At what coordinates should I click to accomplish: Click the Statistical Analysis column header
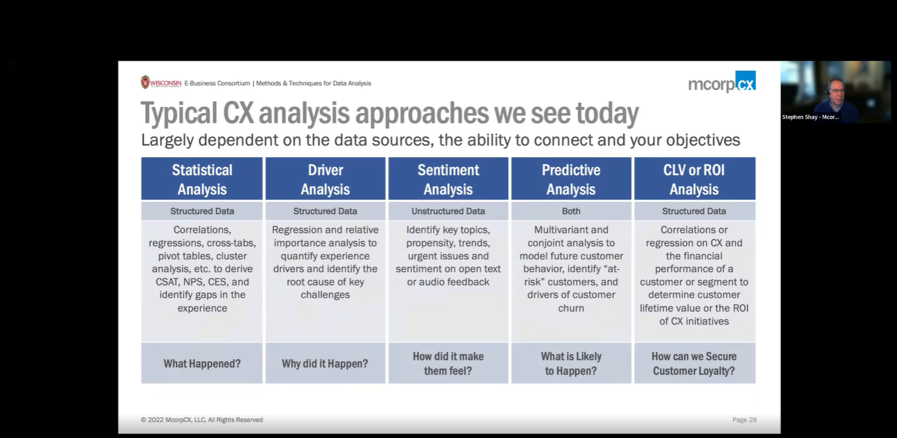[202, 179]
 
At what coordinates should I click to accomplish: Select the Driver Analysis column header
[325, 179]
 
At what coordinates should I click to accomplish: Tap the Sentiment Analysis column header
[448, 179]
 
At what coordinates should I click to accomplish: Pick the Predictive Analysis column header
[571, 179]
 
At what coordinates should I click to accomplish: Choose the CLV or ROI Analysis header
[694, 179]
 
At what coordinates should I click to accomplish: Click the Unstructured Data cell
[448, 211]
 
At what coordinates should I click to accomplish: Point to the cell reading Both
[571, 211]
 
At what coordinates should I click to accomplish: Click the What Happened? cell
[202, 364]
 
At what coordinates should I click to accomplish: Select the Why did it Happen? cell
[325, 364]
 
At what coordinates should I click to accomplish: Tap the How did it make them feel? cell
[448, 364]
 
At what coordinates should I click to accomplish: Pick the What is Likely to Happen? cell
[571, 364]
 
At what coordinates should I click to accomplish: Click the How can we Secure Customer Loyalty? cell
[694, 364]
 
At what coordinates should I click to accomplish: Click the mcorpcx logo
[722, 82]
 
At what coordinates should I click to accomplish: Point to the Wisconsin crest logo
[145, 82]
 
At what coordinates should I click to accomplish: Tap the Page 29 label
[744, 420]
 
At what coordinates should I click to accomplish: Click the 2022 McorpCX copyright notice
[202, 420]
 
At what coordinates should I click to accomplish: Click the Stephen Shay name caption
[810, 117]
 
